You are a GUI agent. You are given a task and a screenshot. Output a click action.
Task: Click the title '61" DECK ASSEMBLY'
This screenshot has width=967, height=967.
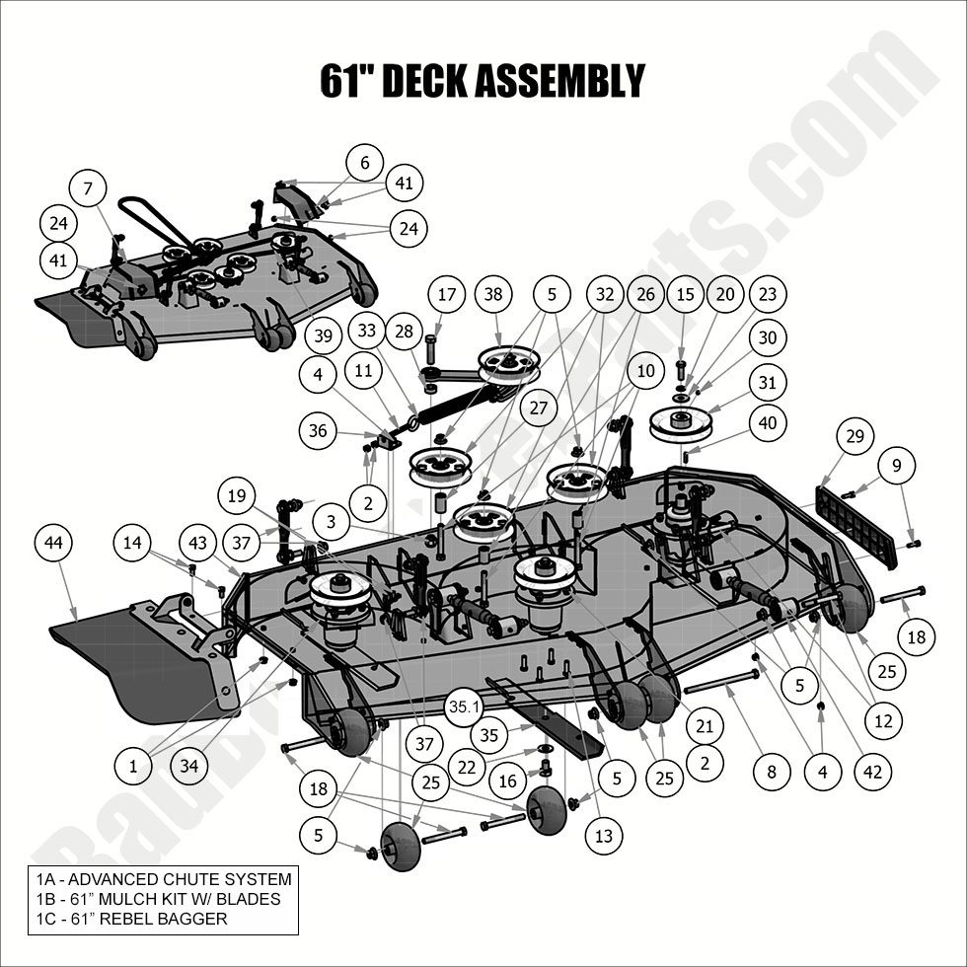pos(483,81)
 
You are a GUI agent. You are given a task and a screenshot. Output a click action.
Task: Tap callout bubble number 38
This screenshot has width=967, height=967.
pos(494,294)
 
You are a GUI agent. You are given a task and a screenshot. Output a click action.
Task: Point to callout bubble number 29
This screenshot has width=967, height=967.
pos(855,436)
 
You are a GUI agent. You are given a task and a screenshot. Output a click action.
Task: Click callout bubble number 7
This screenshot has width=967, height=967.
pos(88,187)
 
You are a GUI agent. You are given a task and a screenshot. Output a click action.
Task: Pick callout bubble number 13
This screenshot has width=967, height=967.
pos(604,837)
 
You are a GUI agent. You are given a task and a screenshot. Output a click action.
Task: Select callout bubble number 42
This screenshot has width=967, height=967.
pos(869,771)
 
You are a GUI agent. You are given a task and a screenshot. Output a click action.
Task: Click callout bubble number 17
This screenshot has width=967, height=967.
pos(447,294)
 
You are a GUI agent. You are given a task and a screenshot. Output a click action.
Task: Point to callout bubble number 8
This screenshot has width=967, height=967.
pos(772,771)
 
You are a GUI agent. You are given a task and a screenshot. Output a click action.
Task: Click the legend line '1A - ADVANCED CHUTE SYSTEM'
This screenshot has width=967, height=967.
pos(160,879)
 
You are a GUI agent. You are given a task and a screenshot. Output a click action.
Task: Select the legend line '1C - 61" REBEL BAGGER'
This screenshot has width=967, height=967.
pos(127,919)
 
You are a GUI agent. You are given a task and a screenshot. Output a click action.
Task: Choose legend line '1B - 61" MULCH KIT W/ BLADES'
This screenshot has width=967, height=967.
pos(154,899)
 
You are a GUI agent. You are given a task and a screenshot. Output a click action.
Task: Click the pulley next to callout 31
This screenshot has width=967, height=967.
pos(680,424)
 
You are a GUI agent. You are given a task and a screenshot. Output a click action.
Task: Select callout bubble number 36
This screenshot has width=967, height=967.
pos(318,430)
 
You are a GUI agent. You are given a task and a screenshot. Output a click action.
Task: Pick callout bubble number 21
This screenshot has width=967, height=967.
pos(703,726)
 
